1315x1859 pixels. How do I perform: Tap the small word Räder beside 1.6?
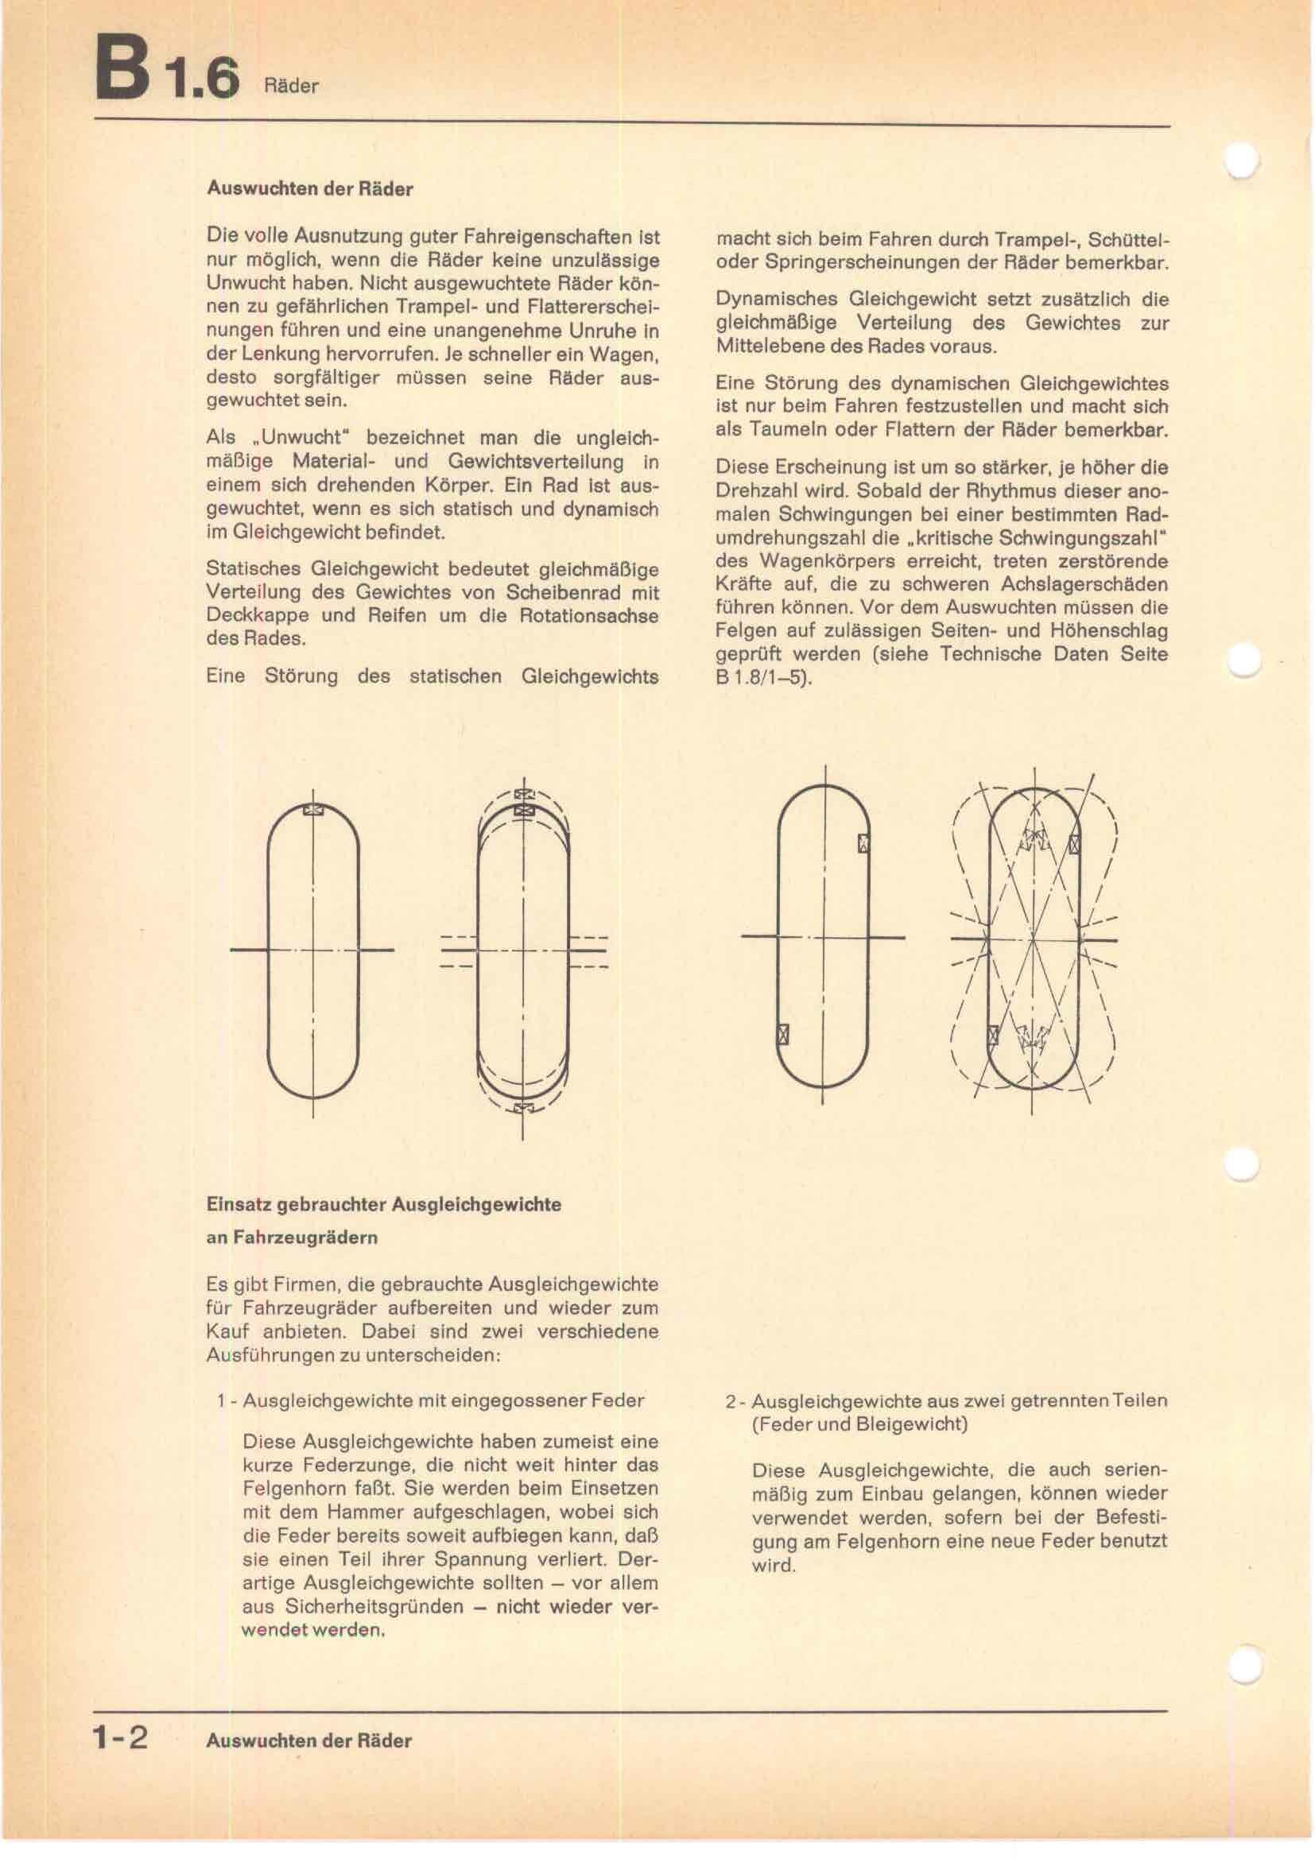[x=292, y=86]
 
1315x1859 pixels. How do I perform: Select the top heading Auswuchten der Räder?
[x=310, y=188]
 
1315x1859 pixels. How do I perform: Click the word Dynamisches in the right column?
[x=777, y=299]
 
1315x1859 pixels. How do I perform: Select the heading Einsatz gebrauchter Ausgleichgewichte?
[x=384, y=1204]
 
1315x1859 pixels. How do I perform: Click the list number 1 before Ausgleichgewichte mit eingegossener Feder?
[x=220, y=1400]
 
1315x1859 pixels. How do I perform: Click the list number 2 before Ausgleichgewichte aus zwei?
[x=731, y=1400]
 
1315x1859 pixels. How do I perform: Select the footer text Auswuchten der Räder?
[x=308, y=1740]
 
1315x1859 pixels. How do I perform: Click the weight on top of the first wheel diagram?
[x=313, y=809]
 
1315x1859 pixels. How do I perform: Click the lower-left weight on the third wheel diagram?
[x=783, y=1035]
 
